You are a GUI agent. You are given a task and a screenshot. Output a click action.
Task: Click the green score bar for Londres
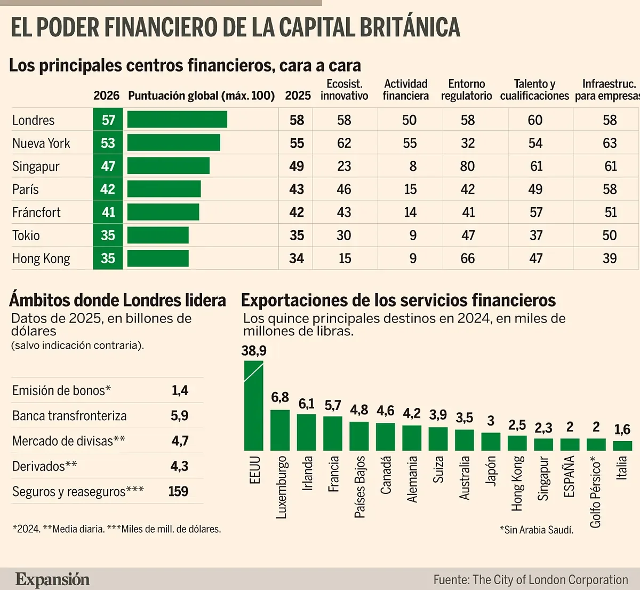pyautogui.click(x=177, y=120)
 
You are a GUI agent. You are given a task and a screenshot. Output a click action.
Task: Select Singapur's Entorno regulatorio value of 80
pyautogui.click(x=467, y=166)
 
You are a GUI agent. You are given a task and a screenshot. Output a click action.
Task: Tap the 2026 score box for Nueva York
pyautogui.click(x=108, y=143)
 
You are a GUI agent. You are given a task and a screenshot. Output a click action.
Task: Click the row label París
pyautogui.click(x=26, y=190)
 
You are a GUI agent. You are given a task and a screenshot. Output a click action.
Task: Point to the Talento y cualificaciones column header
pyautogui.click(x=534, y=90)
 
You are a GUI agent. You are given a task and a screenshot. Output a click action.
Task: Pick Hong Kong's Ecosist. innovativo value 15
pyautogui.click(x=345, y=258)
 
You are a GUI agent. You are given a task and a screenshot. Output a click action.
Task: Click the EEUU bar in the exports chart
pyautogui.click(x=254, y=406)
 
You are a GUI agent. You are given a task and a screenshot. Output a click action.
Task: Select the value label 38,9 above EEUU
pyautogui.click(x=254, y=351)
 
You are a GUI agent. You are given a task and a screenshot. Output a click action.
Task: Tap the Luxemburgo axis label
pyautogui.click(x=281, y=487)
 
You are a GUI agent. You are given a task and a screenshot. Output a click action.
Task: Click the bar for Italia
pyautogui.click(x=622, y=445)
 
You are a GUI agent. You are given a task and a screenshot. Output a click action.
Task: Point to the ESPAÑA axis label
pyautogui.click(x=570, y=476)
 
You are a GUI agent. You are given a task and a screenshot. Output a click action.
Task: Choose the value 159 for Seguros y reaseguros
pyautogui.click(x=178, y=491)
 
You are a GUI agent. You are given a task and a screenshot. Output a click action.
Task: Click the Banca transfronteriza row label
pyautogui.click(x=69, y=416)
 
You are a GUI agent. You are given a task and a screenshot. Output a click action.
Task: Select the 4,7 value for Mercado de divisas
pyautogui.click(x=180, y=441)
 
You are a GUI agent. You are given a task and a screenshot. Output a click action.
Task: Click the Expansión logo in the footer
pyautogui.click(x=52, y=579)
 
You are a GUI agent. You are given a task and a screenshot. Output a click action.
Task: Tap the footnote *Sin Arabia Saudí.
pyautogui.click(x=536, y=530)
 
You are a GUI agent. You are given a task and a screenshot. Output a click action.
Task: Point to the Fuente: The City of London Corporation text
pyautogui.click(x=530, y=579)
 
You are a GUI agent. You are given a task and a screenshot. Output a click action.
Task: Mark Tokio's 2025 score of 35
pyautogui.click(x=297, y=235)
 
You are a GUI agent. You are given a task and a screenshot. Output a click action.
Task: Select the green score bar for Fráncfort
pyautogui.click(x=163, y=213)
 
